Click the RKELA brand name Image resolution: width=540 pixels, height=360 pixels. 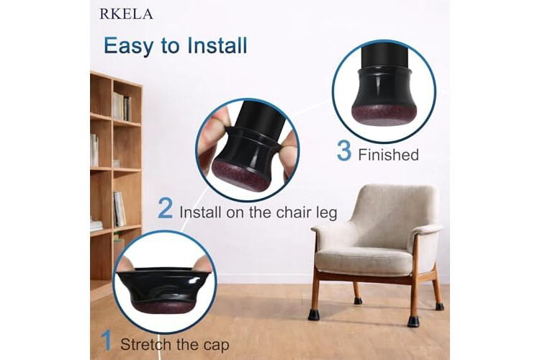pyautogui.click(x=126, y=14)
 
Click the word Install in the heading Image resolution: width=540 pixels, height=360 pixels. pyautogui.click(x=217, y=45)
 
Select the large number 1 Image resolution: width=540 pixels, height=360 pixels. pyautogui.click(x=107, y=341)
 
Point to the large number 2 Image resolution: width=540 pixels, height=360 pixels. pyautogui.click(x=166, y=208)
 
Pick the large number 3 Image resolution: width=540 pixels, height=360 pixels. pyautogui.click(x=344, y=151)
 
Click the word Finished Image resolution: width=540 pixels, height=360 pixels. pyautogui.click(x=389, y=155)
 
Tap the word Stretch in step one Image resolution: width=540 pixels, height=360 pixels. pyautogui.click(x=146, y=344)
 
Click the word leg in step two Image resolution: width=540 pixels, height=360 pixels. pyautogui.click(x=326, y=213)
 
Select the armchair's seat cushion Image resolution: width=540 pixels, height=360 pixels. pyautogui.click(x=364, y=260)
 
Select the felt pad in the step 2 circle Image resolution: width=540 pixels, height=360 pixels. pyautogui.click(x=240, y=175)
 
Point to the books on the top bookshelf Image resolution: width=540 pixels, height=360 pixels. pyautogui.click(x=122, y=107)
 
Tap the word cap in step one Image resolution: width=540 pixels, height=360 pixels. pyautogui.click(x=216, y=346)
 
